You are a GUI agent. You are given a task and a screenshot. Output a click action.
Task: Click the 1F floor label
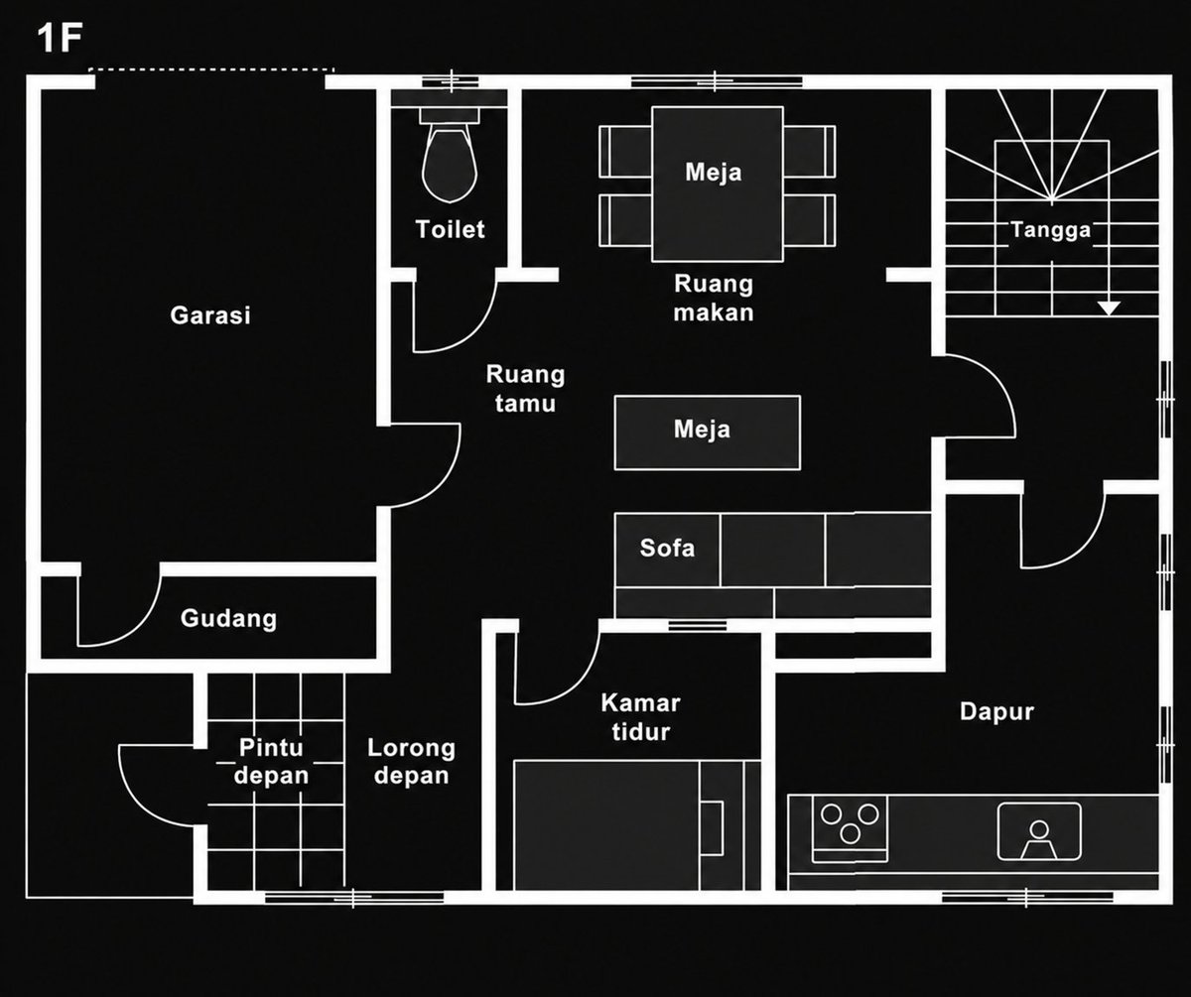tap(60, 38)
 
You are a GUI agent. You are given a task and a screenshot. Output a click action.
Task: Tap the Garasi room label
tap(210, 315)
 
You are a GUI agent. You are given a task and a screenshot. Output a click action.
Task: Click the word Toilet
tap(450, 229)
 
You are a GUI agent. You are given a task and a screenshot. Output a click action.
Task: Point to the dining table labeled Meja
tap(718, 184)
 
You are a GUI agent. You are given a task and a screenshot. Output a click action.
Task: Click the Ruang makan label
tap(714, 298)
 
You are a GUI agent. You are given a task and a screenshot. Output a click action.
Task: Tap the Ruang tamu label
tap(525, 389)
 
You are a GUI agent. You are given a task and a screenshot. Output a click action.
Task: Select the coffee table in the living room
tap(708, 433)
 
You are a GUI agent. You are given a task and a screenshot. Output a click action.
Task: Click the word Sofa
tap(667, 548)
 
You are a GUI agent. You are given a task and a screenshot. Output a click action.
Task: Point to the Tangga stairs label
tap(1051, 230)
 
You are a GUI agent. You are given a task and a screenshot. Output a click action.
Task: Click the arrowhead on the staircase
tap(1109, 309)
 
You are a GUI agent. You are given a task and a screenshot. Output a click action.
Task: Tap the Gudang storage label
tap(228, 618)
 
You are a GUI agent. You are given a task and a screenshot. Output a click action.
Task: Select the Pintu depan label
tap(271, 761)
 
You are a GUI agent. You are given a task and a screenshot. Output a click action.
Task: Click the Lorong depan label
tap(411, 761)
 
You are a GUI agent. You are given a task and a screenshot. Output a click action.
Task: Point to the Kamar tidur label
tap(640, 717)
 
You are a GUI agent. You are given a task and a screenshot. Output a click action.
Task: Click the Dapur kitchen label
tap(996, 711)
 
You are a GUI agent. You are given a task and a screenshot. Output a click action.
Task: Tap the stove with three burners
tap(850, 828)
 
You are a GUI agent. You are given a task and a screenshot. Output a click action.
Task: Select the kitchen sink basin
tap(1039, 831)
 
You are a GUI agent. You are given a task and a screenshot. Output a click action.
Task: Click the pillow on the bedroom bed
tap(712, 828)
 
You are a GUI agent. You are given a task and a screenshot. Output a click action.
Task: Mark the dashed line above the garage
tap(211, 69)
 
